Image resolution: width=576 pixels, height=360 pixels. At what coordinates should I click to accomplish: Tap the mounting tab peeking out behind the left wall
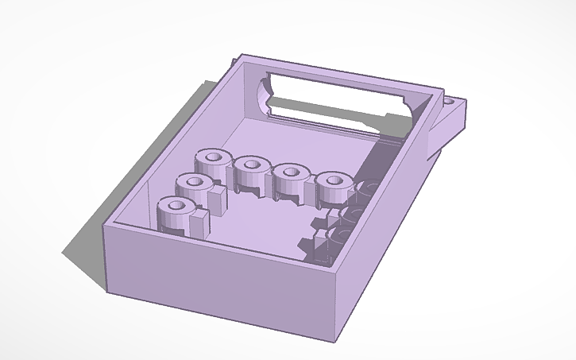point(233,61)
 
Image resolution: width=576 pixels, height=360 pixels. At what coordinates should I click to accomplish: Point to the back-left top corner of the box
point(241,56)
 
